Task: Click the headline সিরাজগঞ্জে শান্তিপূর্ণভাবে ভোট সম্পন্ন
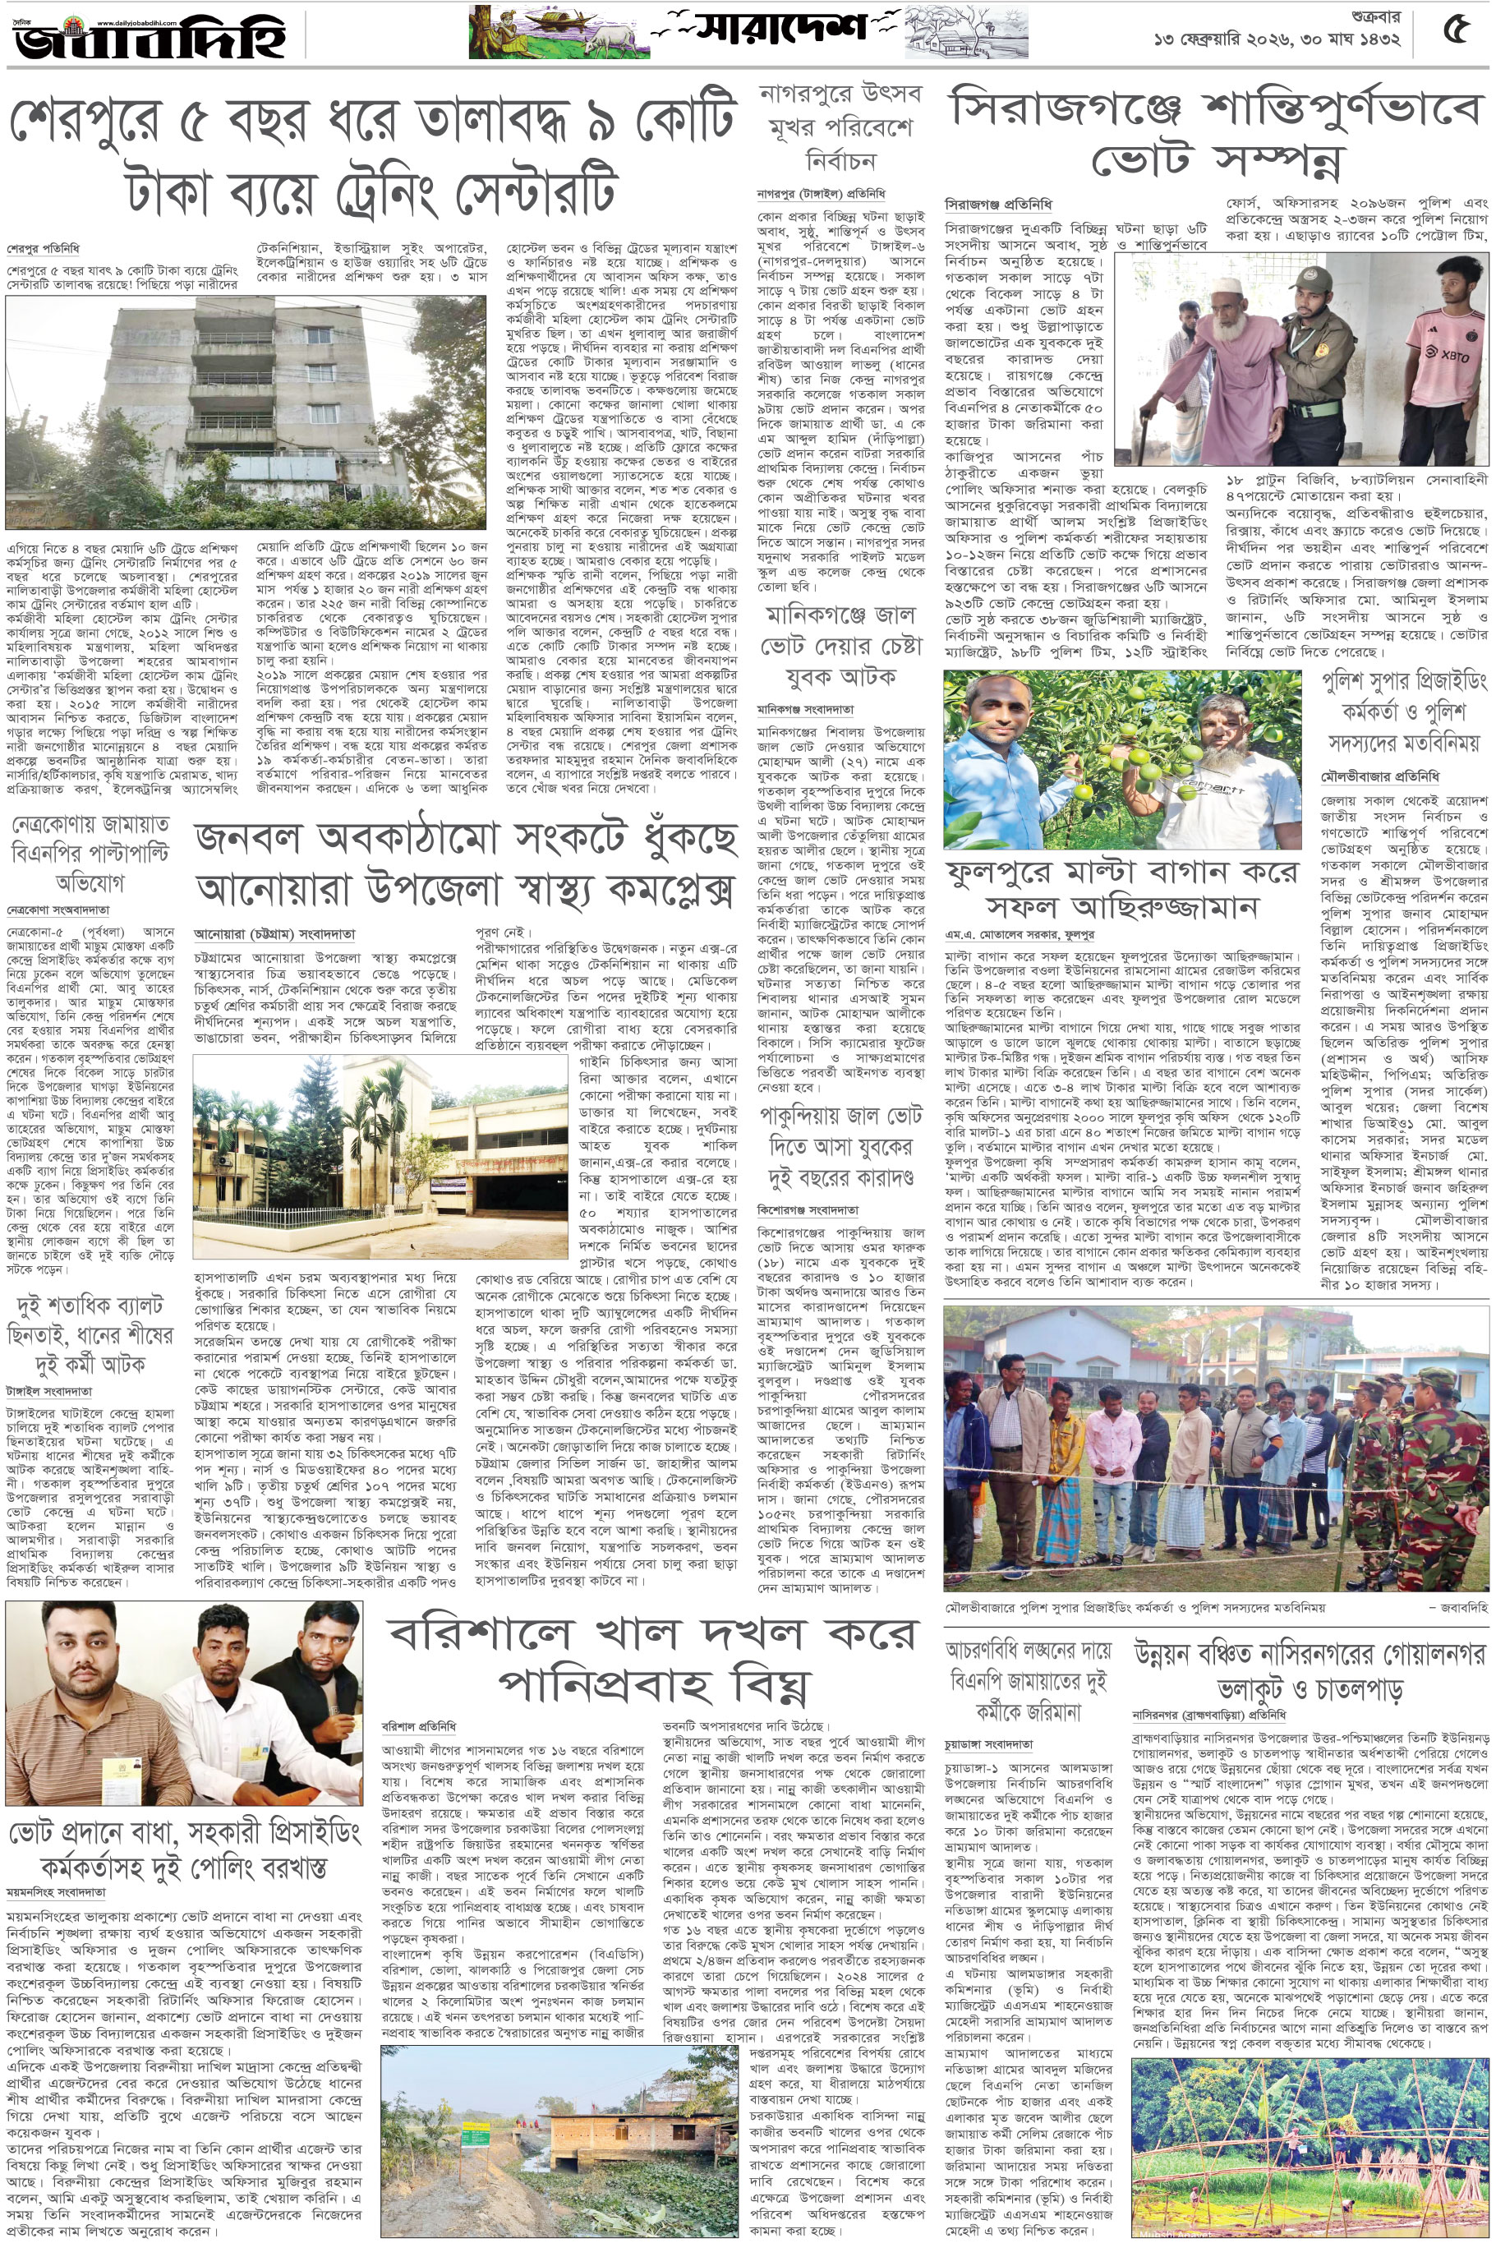[x=1216, y=135]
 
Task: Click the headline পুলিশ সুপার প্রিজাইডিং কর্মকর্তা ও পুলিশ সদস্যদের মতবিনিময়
[x=1403, y=712]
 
